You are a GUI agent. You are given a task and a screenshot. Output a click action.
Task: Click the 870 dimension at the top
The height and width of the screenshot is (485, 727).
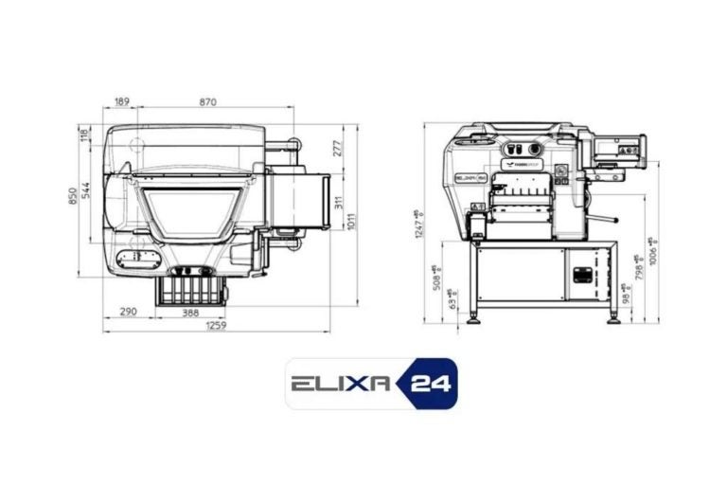(x=207, y=101)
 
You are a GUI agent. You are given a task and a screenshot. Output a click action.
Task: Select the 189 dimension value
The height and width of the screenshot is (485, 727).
(x=122, y=101)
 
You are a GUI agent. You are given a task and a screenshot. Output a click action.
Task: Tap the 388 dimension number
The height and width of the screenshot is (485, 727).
(x=190, y=312)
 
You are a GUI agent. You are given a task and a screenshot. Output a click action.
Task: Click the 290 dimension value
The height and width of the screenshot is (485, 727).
(x=129, y=312)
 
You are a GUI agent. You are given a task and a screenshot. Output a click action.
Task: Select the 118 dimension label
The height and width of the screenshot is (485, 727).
(x=84, y=135)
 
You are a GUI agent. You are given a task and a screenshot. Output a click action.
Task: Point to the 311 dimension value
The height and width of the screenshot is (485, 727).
(x=338, y=203)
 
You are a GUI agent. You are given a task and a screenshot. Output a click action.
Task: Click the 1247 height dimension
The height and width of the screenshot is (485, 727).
(x=417, y=224)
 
